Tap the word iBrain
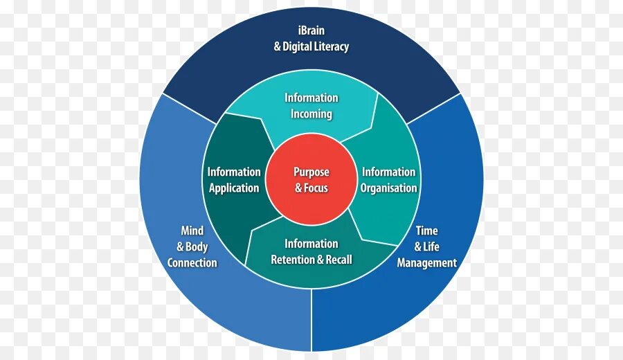[x=311, y=30]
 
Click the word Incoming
[x=311, y=114]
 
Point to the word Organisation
[x=389, y=188]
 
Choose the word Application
[x=234, y=188]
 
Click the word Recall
[x=338, y=260]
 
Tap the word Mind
[x=192, y=231]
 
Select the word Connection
[x=192, y=263]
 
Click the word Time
[x=426, y=231]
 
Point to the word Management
[x=426, y=263]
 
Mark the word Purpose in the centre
[x=311, y=172]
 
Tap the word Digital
[x=296, y=47]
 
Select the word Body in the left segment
[x=197, y=247]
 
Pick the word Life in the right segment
[x=432, y=247]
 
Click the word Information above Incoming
[x=311, y=98]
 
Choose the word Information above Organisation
[x=389, y=172]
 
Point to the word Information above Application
[x=234, y=172]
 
